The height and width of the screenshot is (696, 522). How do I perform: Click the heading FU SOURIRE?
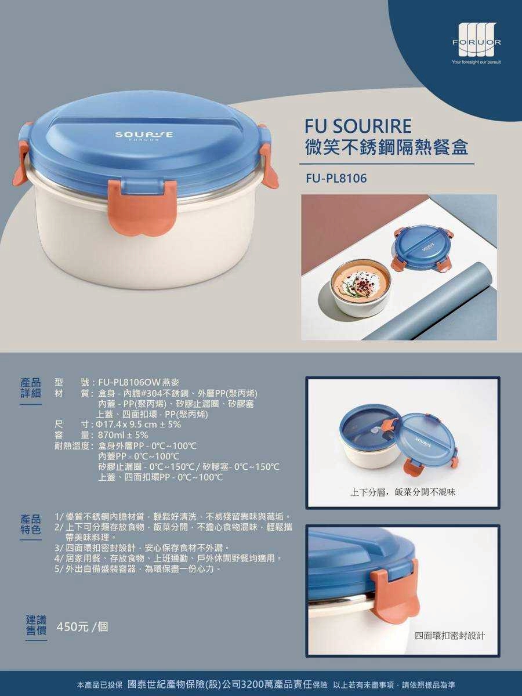tap(358, 126)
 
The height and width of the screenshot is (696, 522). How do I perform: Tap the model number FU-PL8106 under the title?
tap(336, 179)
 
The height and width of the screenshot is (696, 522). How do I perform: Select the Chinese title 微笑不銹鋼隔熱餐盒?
tap(386, 147)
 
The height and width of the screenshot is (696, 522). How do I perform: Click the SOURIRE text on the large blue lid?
tap(143, 135)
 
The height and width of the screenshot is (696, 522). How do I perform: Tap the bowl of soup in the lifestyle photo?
tap(360, 285)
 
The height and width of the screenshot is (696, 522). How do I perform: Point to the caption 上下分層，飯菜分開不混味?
tap(403, 492)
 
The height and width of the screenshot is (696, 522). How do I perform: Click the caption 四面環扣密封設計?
tap(451, 636)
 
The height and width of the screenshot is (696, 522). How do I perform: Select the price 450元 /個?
tap(82, 627)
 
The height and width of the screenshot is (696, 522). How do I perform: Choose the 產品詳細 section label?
tap(31, 388)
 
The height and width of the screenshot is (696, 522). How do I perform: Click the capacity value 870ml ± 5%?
tap(123, 434)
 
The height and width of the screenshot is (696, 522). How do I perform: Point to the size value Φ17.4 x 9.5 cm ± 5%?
tap(140, 424)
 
